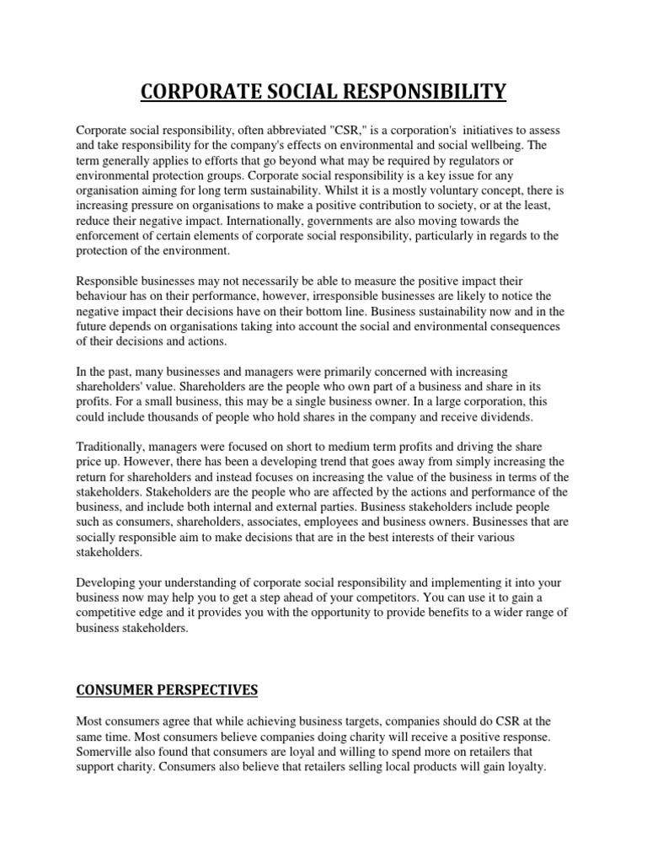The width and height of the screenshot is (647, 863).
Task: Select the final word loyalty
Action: [x=524, y=767]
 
